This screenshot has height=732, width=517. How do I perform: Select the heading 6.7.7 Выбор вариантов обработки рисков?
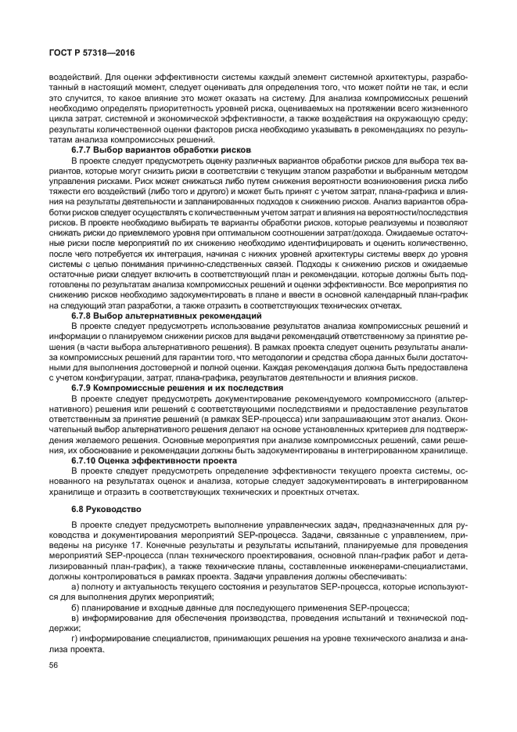point(161,149)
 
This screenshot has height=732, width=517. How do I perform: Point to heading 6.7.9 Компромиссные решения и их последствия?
point(177,388)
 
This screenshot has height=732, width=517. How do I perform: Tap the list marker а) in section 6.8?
point(75,586)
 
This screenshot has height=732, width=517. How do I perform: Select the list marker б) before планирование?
point(75,608)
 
